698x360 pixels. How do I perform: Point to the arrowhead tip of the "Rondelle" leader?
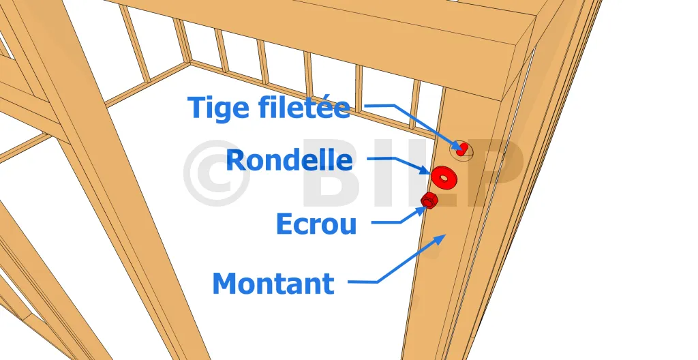(431, 173)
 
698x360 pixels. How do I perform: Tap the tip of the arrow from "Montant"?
(446, 234)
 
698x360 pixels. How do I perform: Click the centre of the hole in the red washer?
(443, 177)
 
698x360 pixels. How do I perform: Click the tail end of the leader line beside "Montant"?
(348, 282)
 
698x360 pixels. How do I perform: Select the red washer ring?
(444, 177)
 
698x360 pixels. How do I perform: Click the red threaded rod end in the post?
(463, 149)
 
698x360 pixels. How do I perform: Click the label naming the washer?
(289, 160)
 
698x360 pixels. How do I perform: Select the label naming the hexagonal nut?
(316, 224)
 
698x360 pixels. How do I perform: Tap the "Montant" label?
(273, 284)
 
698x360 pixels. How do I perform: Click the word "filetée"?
(304, 107)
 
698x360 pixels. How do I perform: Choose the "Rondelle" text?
(289, 160)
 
